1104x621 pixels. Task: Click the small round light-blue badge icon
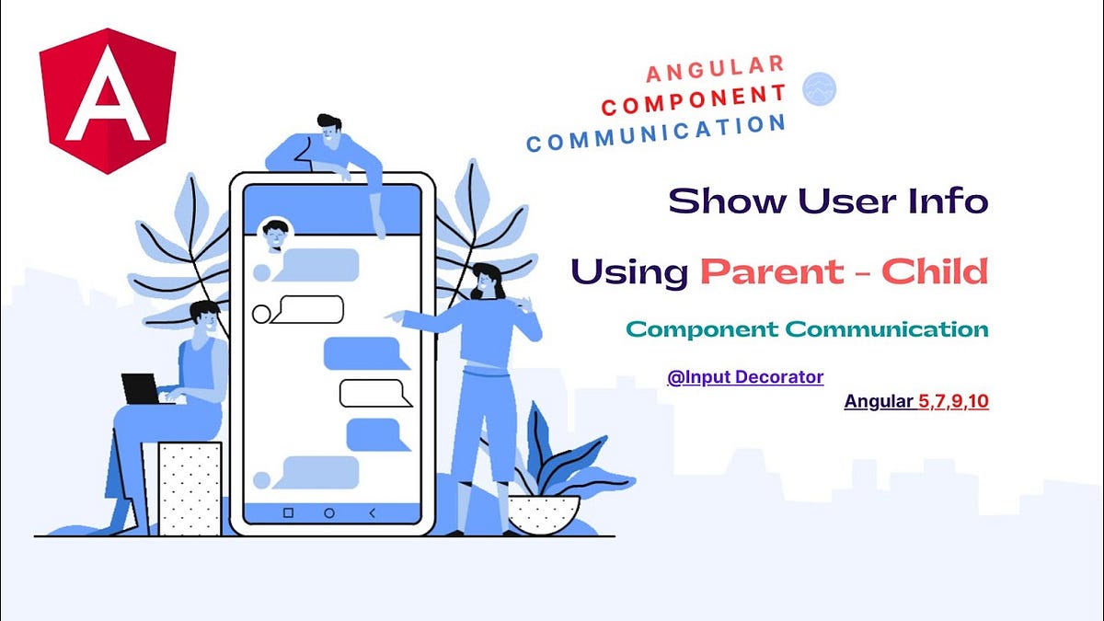819,88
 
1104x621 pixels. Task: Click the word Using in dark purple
628,272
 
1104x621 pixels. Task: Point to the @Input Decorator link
745,376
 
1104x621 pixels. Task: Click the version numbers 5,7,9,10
953,401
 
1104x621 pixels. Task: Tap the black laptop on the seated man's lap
140,389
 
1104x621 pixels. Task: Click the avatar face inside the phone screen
274,234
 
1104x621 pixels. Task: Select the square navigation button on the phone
288,512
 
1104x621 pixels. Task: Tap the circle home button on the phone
329,512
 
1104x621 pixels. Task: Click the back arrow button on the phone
372,512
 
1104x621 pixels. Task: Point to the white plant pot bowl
544,513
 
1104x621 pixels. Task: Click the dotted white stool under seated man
190,488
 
